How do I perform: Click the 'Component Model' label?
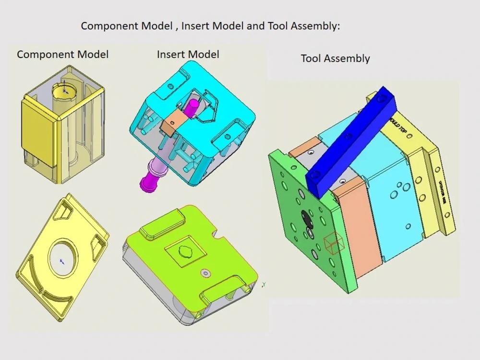[62, 54]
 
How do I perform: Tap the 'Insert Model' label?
[188, 54]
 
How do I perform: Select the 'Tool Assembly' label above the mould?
[335, 59]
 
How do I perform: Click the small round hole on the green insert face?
[206, 273]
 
